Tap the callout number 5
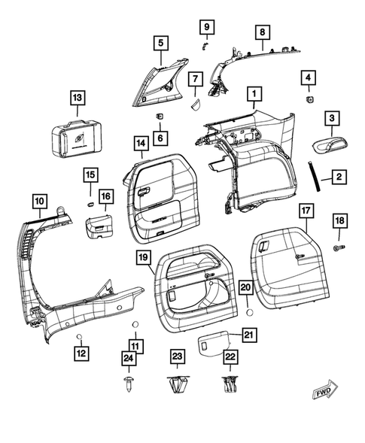[x=159, y=44]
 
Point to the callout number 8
[x=261, y=32]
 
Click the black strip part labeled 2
[x=313, y=176]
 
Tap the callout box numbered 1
[x=254, y=95]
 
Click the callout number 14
[x=140, y=142]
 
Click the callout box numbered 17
[x=307, y=210]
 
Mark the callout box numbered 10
[x=38, y=201]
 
